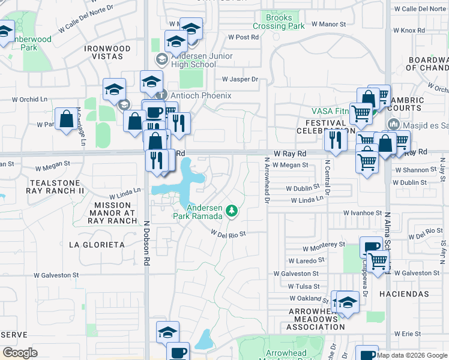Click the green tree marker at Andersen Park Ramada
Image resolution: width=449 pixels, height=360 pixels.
tap(232, 211)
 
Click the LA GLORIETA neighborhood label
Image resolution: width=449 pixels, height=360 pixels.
tap(97, 245)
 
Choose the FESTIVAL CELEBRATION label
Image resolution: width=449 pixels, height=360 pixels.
tap(322, 127)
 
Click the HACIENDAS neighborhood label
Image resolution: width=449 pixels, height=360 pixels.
tap(404, 294)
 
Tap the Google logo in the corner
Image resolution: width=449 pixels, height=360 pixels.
tap(20, 353)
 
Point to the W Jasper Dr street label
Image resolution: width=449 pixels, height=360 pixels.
tap(240, 79)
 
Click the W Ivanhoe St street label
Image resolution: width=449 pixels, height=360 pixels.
tap(363, 213)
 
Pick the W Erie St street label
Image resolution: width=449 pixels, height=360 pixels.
tap(408, 333)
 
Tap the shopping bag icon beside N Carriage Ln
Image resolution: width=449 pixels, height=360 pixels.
tap(65, 119)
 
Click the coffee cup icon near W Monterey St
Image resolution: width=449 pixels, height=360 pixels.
tap(371, 247)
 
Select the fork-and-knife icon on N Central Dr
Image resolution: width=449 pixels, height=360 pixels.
tap(334, 139)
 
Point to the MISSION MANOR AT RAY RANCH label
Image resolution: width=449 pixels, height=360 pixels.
tap(112, 212)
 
